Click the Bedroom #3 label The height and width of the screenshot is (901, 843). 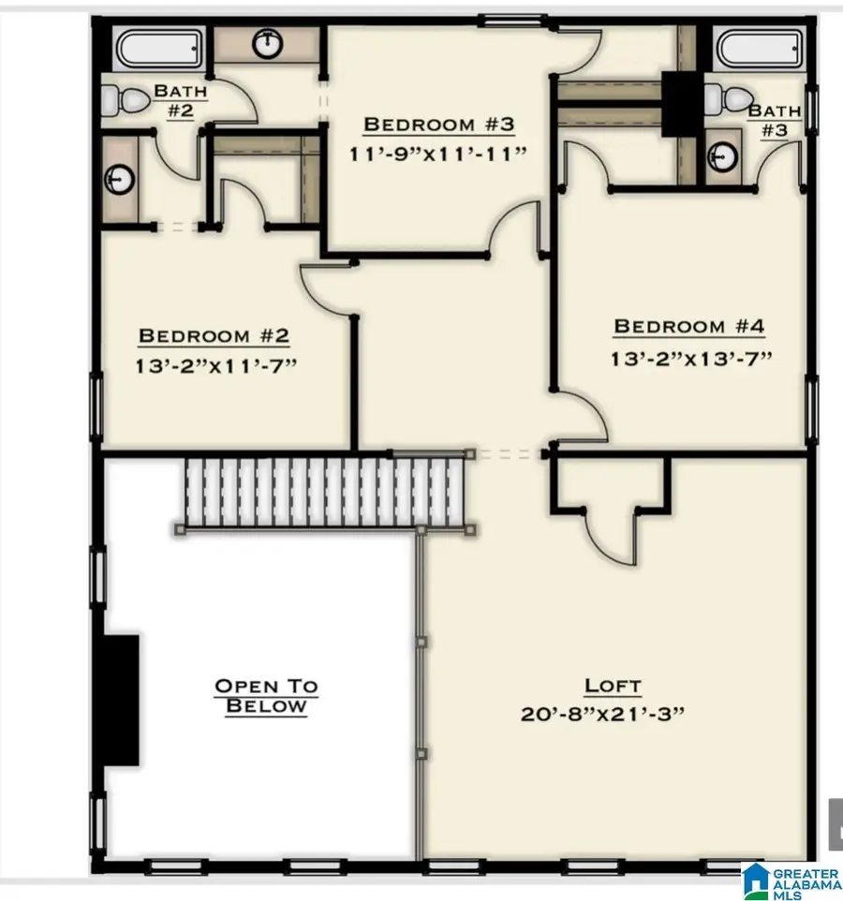click(x=438, y=125)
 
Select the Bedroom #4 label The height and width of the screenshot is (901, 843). click(x=689, y=327)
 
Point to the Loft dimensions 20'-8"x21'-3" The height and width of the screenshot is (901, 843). click(x=613, y=714)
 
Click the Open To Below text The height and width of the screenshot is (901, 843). click(x=267, y=696)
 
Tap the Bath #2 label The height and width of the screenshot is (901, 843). click(x=180, y=100)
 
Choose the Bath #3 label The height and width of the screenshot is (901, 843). click(x=773, y=120)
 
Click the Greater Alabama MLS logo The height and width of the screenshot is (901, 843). click(x=791, y=880)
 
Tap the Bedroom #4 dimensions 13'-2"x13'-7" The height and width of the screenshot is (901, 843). click(x=689, y=358)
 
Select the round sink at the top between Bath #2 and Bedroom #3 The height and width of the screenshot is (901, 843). click(x=268, y=42)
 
